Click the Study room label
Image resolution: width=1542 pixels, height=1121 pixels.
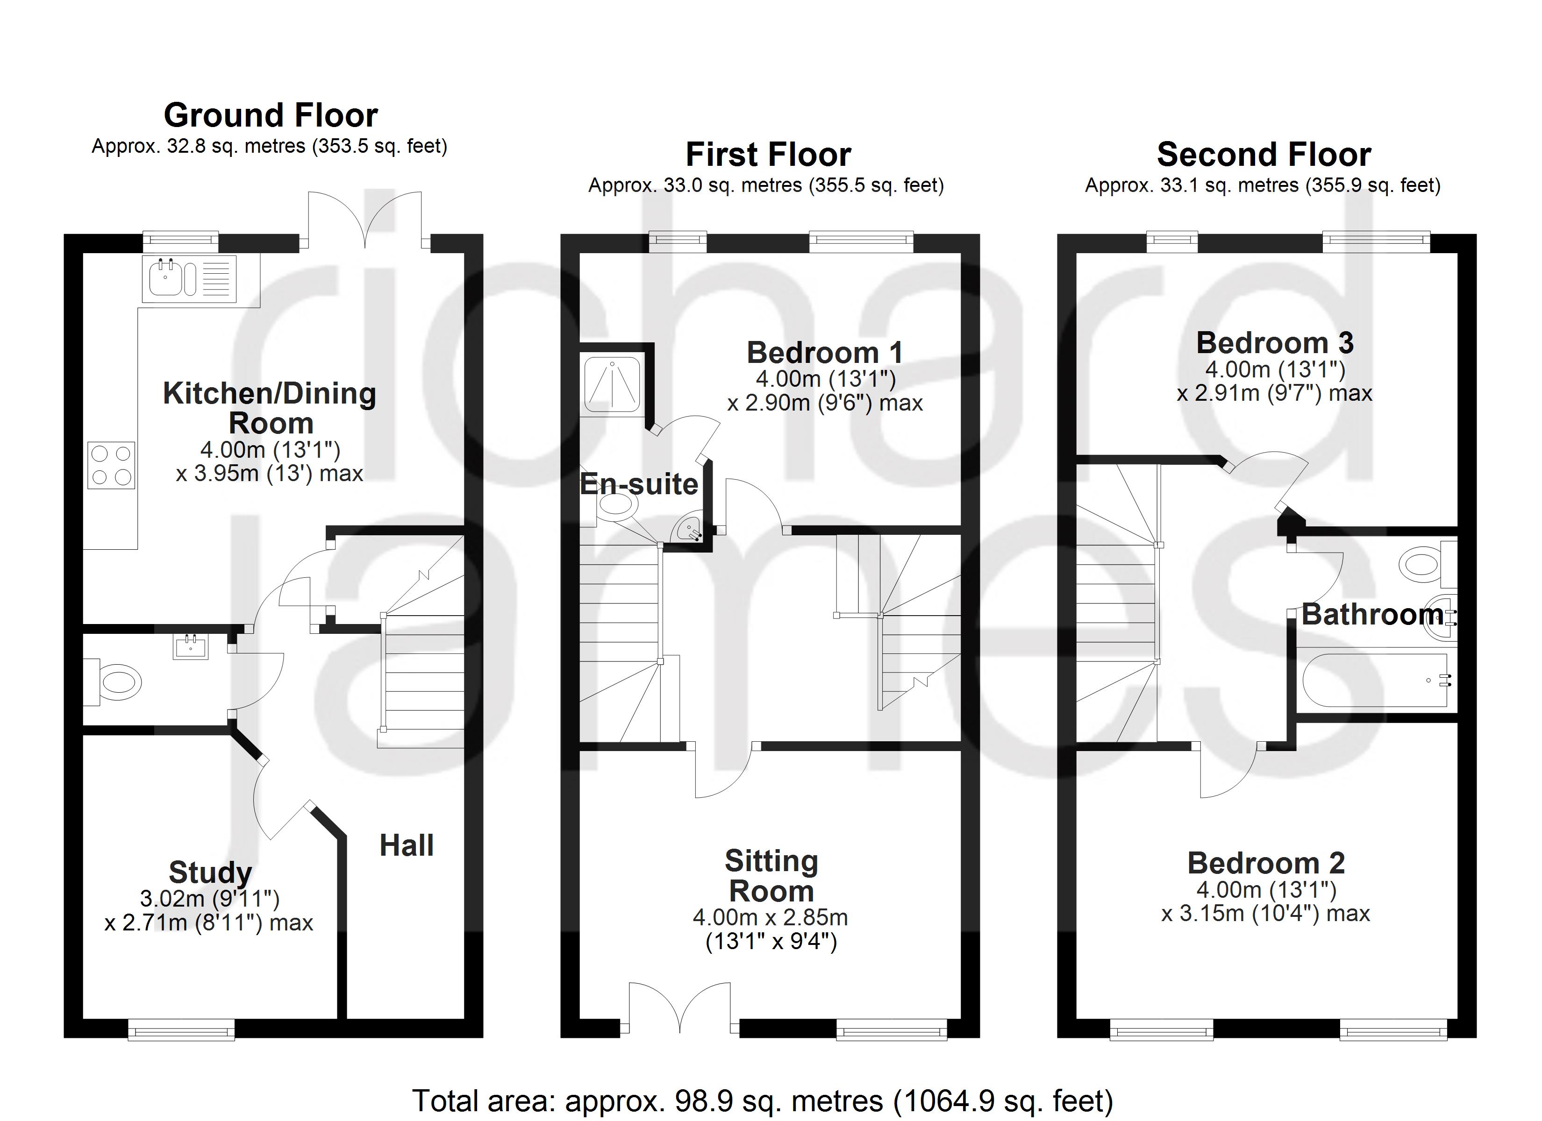point(210,872)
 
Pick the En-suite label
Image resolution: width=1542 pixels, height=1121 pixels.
point(638,484)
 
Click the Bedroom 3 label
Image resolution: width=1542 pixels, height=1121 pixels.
point(1275,343)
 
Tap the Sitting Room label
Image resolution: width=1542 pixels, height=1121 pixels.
point(771,876)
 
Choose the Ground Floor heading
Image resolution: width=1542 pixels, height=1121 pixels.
point(271,115)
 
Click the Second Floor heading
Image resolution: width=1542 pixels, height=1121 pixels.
point(1263,154)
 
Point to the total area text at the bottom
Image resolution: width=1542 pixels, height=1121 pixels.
point(762,1100)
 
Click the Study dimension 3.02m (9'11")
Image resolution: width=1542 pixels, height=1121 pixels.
point(209,899)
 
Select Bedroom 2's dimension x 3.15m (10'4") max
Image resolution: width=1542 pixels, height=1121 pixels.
point(1265,914)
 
